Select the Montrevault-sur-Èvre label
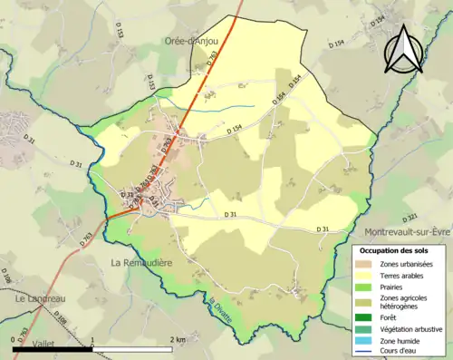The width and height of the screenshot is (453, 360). pyautogui.click(x=407, y=231)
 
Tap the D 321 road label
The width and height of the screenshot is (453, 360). pyautogui.click(x=411, y=218)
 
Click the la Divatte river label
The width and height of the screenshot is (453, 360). pyautogui.click(x=222, y=308)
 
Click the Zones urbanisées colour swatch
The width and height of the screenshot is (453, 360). pyautogui.click(x=362, y=263)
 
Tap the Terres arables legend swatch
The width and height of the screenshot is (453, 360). pyautogui.click(x=362, y=276)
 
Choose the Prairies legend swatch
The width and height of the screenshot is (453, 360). pyautogui.click(x=362, y=288)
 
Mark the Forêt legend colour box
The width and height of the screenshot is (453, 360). pyautogui.click(x=362, y=317)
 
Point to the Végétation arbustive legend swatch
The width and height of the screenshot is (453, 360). pyautogui.click(x=362, y=329)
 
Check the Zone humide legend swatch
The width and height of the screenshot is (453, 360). pyautogui.click(x=362, y=341)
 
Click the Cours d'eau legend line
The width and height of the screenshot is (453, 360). pyautogui.click(x=362, y=352)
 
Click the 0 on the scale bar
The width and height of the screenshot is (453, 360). pyautogui.click(x=14, y=339)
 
